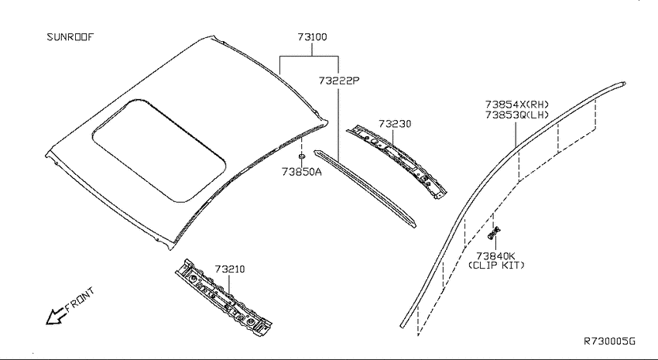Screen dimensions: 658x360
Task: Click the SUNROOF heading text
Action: [70, 37]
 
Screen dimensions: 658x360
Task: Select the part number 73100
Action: [312, 37]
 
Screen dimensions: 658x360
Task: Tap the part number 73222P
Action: [339, 81]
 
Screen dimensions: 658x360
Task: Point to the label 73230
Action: [395, 124]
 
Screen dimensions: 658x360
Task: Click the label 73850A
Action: [302, 172]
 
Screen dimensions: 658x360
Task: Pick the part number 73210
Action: [230, 269]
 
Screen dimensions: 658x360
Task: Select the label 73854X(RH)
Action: [517, 104]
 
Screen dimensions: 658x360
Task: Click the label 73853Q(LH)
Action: [517, 115]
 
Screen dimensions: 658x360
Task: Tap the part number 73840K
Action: [495, 255]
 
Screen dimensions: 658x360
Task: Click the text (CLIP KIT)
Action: [496, 266]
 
